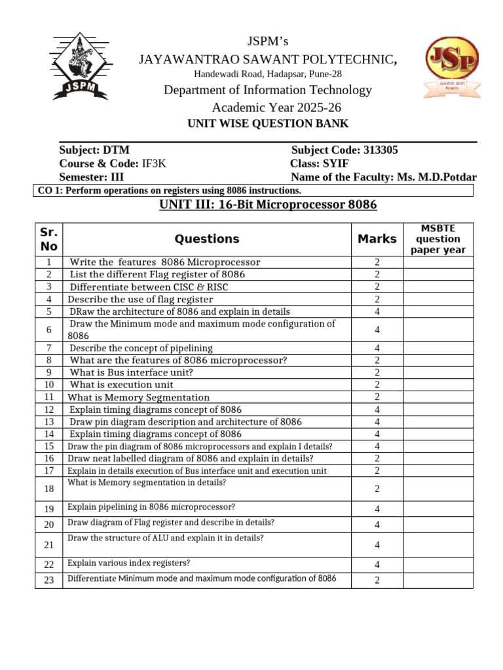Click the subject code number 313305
coord(381,150)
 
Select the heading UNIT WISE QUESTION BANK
coord(268,124)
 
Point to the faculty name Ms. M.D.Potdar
coord(436,177)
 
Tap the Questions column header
coord(207,239)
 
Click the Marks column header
coord(377,239)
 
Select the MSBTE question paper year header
coord(438,239)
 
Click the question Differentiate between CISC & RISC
coord(149,287)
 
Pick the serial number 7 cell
coord(48,348)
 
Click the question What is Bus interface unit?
coord(131,372)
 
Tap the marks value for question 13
coord(377,422)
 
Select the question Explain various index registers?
coord(129,563)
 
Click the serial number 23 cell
coord(48,580)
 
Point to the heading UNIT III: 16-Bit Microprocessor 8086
coord(268,205)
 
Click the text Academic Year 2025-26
coord(276,108)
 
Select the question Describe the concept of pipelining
coord(141,348)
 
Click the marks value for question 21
coord(377,544)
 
